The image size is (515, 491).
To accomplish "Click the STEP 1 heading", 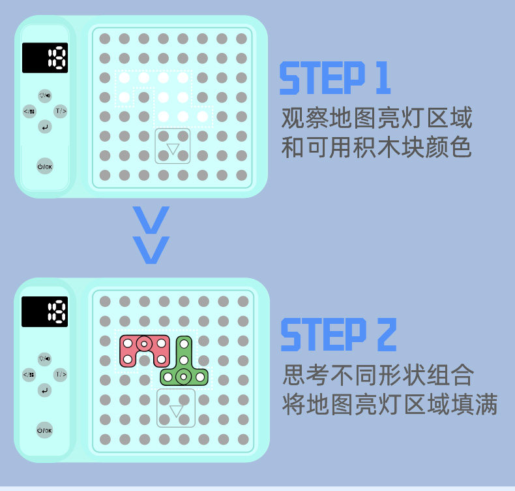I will pos(334,79).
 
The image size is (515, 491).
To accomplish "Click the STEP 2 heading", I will pos(338,336).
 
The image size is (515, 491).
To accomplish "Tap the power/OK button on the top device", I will pos(45,167).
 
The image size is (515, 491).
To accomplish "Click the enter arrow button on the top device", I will pos(44,127).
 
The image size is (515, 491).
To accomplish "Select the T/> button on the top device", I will pos(60,111).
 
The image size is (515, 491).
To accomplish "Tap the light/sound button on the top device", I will pos(44,96).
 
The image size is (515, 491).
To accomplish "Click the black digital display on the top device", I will pos(45,58).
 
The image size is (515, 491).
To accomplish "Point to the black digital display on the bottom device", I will pos(44,311).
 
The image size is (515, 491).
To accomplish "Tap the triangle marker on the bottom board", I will pos(176,411).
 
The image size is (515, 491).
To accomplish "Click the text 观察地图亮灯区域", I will pos(376,119).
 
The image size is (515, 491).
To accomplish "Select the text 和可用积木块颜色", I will pos(376,148).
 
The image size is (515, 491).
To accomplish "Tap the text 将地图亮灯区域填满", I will pos(390,405).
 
